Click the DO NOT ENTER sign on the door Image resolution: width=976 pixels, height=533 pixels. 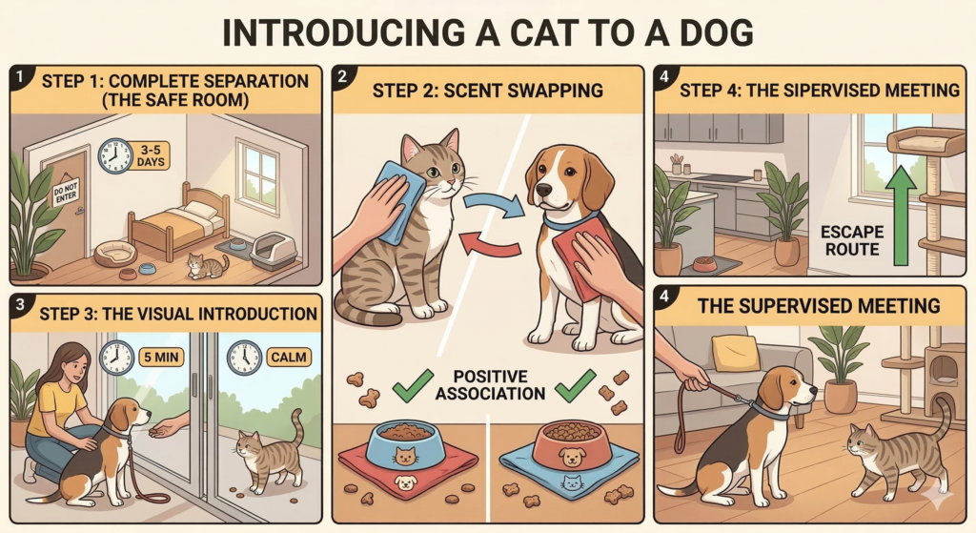[x=66, y=192]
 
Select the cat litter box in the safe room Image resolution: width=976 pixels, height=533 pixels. [x=273, y=251]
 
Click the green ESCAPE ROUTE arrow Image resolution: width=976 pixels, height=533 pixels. [x=900, y=215]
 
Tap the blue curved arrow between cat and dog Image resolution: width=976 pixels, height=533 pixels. [x=496, y=205]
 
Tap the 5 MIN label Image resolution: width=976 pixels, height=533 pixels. [x=161, y=358]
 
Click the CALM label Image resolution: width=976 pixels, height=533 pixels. [x=289, y=358]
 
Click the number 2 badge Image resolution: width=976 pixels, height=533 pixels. [x=342, y=76]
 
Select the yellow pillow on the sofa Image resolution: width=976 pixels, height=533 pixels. [x=736, y=353]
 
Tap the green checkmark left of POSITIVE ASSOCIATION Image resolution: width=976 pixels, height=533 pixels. [x=413, y=385]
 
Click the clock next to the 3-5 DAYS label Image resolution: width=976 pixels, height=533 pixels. [x=115, y=155]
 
